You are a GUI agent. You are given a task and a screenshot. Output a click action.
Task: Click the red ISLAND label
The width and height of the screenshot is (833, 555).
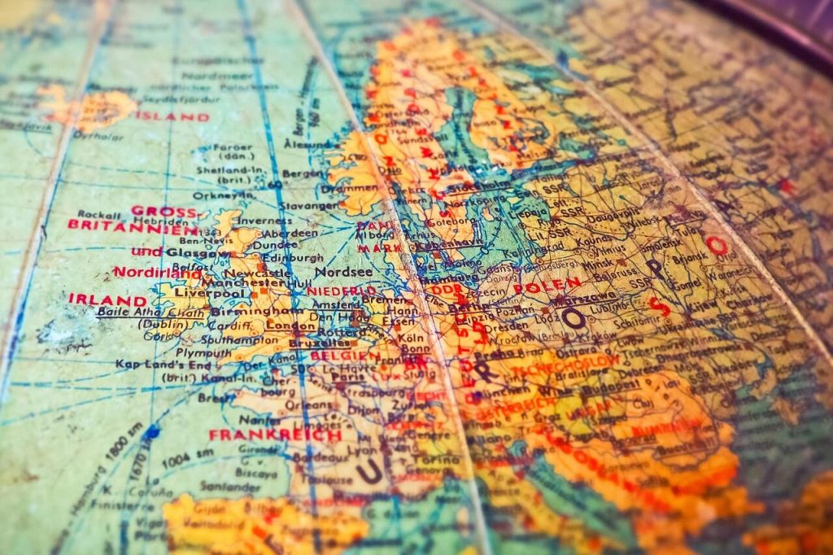click(x=172, y=116)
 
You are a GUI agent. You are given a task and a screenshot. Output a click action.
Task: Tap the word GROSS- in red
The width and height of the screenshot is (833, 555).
click(x=164, y=211)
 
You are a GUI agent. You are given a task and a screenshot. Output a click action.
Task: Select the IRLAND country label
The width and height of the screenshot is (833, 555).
click(x=119, y=299)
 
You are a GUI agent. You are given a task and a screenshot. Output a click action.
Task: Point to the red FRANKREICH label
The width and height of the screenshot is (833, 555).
click(x=275, y=435)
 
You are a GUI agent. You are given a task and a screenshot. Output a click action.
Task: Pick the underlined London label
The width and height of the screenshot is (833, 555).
click(x=290, y=326)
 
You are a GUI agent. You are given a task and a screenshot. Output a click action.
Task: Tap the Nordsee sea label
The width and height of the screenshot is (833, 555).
click(x=343, y=271)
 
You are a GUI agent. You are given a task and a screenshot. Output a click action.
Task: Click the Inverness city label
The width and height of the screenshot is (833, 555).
click(x=264, y=220)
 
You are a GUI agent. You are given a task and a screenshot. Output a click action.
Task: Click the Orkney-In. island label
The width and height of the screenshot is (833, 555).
click(x=235, y=195)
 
